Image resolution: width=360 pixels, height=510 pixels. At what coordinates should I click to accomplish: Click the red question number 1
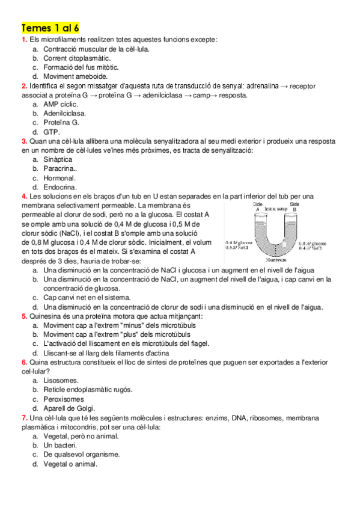coord(23,40)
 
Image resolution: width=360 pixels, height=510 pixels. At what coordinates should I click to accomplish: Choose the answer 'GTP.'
coord(52,131)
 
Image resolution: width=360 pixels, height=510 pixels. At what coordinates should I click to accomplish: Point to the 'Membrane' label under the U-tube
coord(276,260)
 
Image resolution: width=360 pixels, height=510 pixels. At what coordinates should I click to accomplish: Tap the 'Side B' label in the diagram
coord(294,207)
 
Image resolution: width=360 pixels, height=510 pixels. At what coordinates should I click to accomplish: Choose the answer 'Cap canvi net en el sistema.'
coord(87,297)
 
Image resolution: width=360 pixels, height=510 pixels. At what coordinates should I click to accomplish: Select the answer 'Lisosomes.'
coord(61,381)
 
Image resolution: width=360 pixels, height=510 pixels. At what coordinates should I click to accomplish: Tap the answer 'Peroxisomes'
coord(64,399)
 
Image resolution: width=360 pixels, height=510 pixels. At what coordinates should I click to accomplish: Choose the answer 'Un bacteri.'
coord(61,446)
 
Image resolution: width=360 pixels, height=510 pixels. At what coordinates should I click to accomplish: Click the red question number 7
coord(23,417)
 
